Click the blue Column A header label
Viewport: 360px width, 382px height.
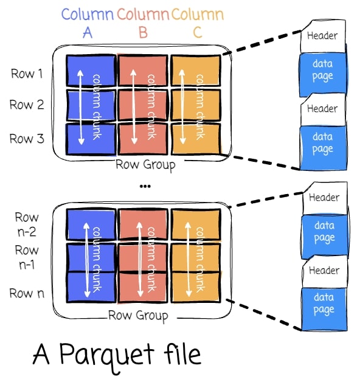click(88, 23)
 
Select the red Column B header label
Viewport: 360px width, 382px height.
click(143, 23)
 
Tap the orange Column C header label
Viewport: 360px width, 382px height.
click(198, 23)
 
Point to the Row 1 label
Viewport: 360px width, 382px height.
click(27, 74)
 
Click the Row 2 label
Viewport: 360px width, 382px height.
click(27, 105)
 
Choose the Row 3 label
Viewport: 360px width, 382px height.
click(27, 139)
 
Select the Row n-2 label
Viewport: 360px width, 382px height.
click(27, 223)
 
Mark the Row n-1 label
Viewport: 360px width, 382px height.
click(27, 256)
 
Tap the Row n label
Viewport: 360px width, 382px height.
click(27, 293)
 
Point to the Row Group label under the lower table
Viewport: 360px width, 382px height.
click(138, 316)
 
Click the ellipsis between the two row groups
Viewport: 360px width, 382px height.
click(144, 186)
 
